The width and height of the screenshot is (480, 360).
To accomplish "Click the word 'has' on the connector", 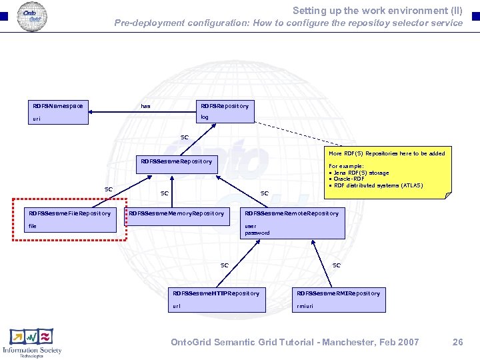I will pyautogui.click(x=146, y=106).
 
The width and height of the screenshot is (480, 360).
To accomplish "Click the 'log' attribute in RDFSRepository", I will pyautogui.click(x=205, y=117).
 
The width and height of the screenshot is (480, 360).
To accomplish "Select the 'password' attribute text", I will pyautogui.click(x=257, y=233).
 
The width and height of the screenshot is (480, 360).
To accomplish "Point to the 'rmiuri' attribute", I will pyautogui.click(x=304, y=307).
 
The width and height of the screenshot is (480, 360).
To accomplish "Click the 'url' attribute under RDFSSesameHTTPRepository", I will pyautogui.click(x=177, y=307).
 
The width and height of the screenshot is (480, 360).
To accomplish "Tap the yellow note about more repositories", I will pyautogui.click(x=389, y=171).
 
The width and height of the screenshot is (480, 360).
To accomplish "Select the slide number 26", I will pyautogui.click(x=457, y=342).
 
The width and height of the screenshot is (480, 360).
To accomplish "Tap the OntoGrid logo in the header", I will pyautogui.click(x=31, y=15).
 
